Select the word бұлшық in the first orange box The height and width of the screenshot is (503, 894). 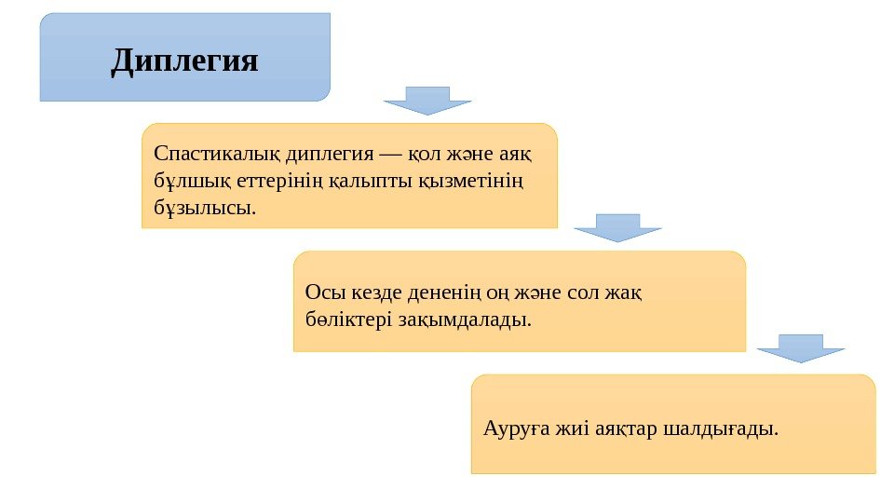tap(188, 178)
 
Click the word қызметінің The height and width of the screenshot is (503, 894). tap(472, 178)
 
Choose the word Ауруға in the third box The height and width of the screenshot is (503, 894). tap(516, 429)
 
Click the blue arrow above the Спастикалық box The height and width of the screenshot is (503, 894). tap(427, 100)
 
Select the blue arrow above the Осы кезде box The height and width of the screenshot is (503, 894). tap(617, 227)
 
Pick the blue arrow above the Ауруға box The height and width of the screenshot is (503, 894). tap(800, 347)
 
